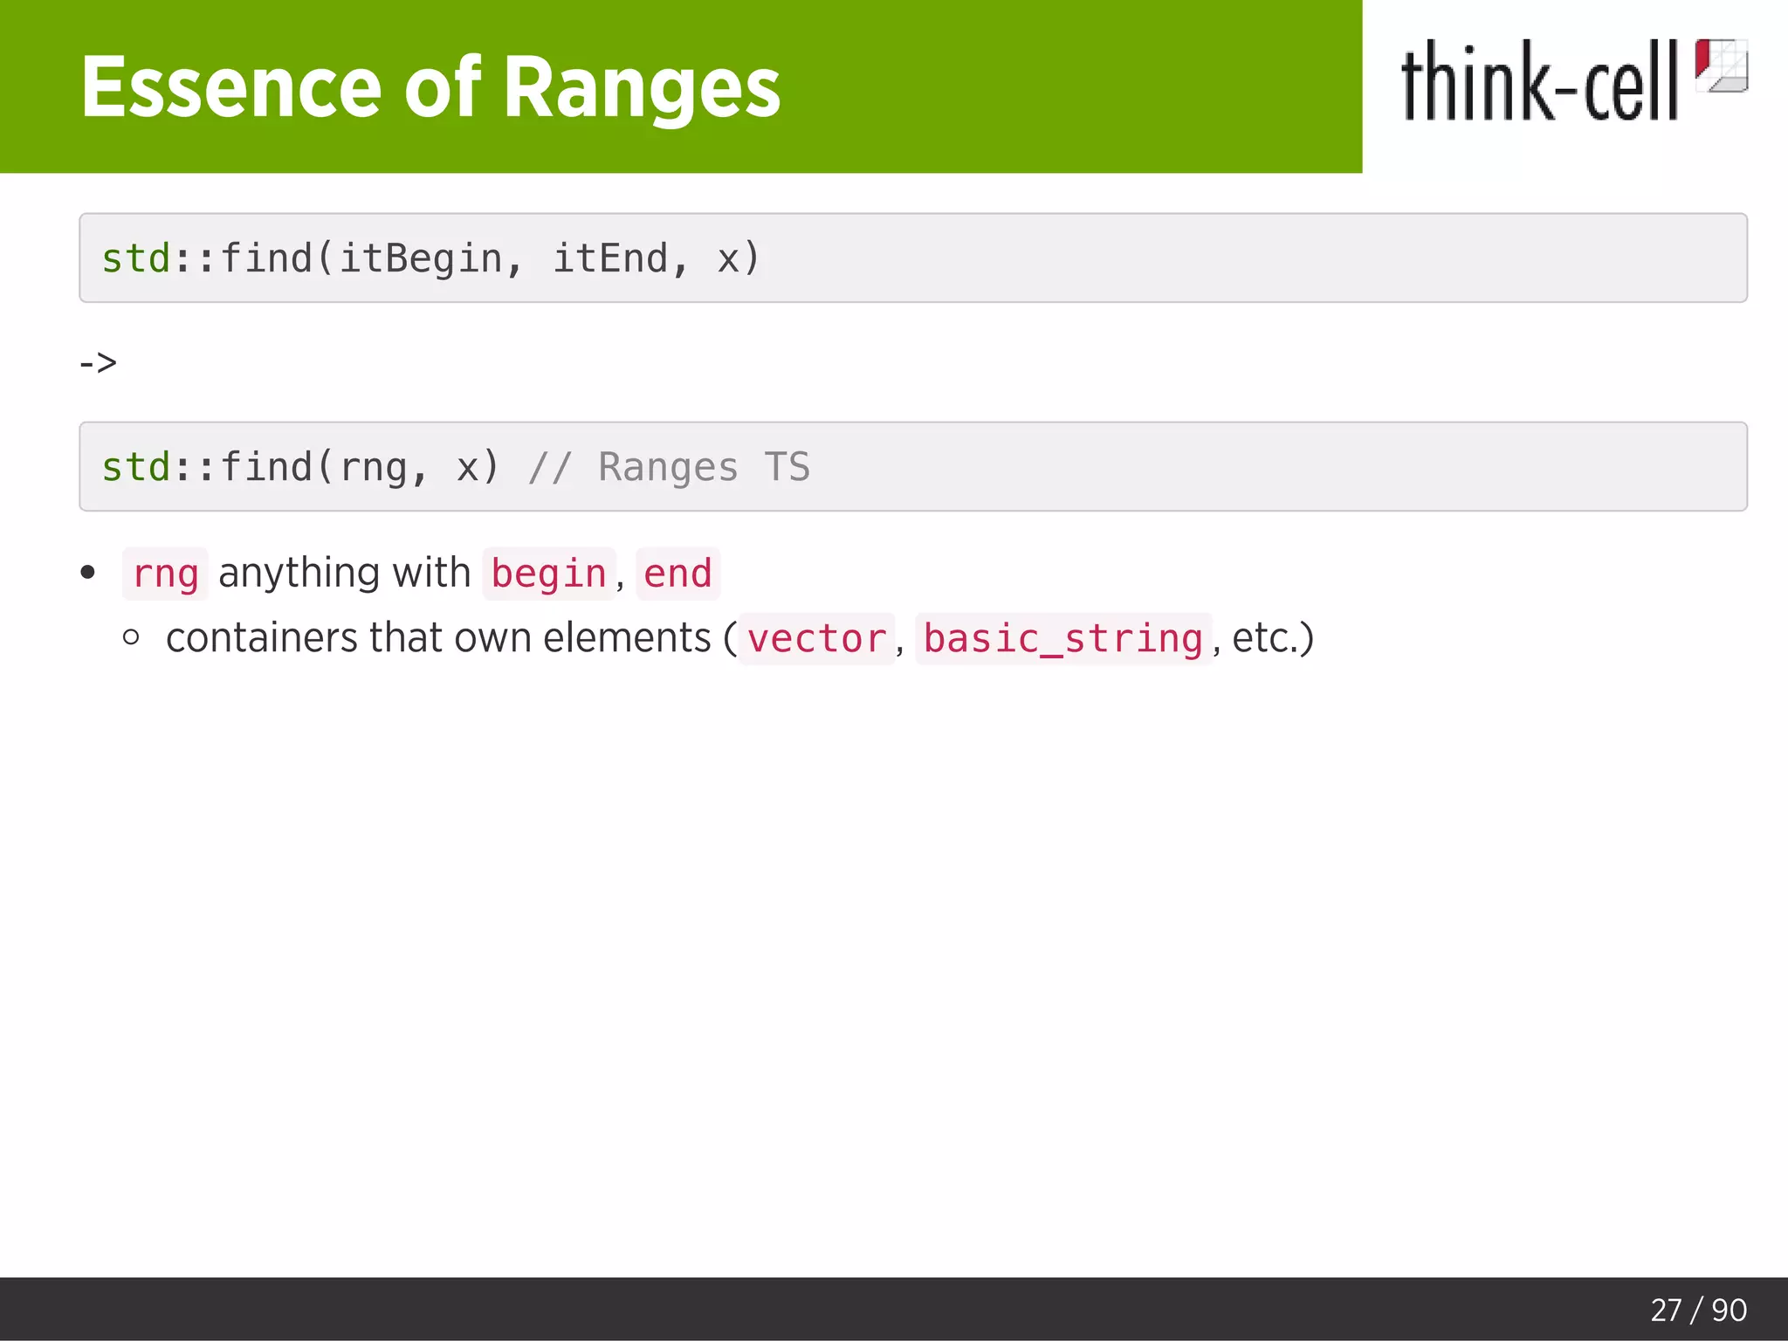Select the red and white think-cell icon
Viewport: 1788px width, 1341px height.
1721,65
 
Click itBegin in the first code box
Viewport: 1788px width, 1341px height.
420,258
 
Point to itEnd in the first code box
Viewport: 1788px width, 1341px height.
610,258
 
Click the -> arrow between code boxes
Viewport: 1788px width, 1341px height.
98,362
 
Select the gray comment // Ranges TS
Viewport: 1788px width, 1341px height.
669,467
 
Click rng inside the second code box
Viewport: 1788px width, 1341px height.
374,467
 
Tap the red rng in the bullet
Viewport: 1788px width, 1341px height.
165,574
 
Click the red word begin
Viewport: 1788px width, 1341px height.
548,574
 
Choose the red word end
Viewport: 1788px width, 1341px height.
677,574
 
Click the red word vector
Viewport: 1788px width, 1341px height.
817,639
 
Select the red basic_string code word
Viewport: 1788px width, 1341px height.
1063,639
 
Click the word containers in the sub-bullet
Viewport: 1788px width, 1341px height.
261,638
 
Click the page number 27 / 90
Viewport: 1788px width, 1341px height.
1698,1310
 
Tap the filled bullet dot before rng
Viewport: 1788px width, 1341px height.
87,573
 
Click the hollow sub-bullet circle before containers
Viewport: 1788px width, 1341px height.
132,637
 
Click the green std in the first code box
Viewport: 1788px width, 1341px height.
135,258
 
